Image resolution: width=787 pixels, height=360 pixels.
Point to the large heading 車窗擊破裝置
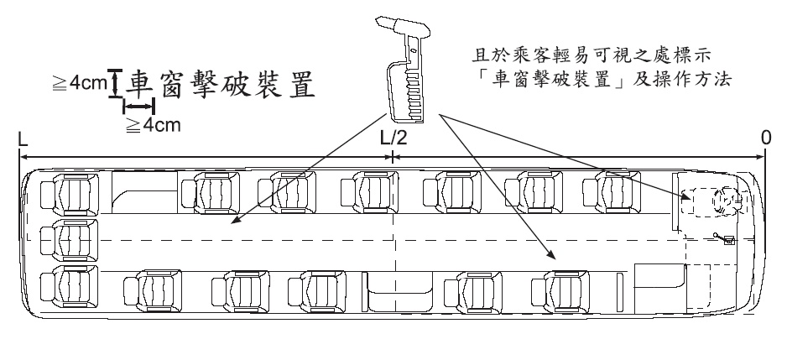click(220, 84)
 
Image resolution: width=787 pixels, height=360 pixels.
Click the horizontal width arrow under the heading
click(138, 107)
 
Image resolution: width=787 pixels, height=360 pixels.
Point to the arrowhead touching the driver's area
click(687, 196)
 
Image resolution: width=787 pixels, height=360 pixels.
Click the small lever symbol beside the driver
click(723, 238)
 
